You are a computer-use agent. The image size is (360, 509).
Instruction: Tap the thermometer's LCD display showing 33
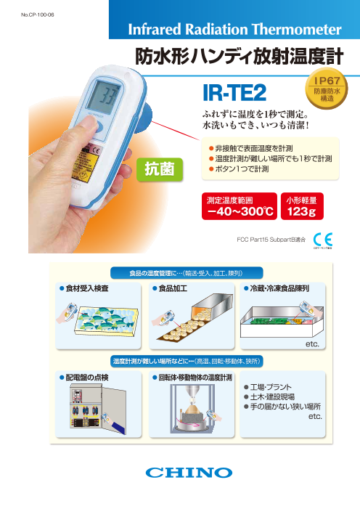click(x=107, y=97)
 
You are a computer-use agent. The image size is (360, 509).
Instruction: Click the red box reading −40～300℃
click(x=240, y=207)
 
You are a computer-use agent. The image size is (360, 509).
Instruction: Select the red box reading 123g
click(x=303, y=207)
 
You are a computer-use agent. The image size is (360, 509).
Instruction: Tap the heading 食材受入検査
click(x=86, y=288)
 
